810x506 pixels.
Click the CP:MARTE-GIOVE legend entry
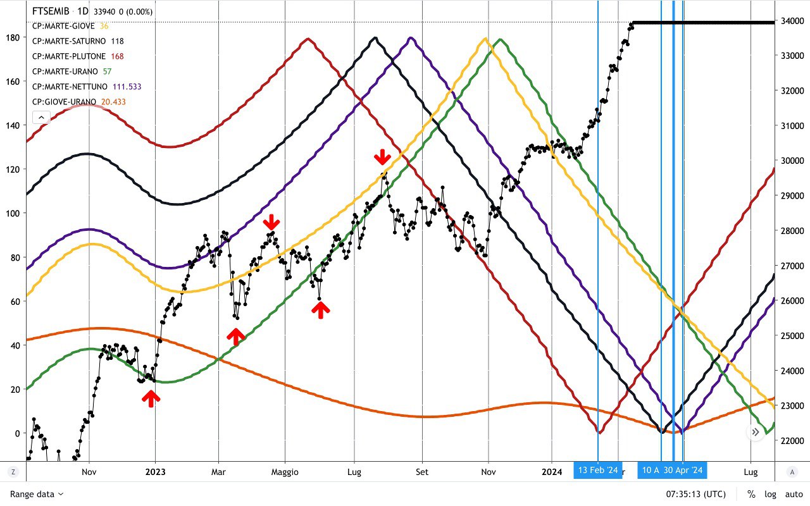(63, 27)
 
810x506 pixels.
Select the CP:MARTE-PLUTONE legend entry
(69, 56)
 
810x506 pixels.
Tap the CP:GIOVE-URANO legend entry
(65, 102)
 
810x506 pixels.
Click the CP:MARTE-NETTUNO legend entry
(71, 87)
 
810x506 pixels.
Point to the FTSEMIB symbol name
(50, 11)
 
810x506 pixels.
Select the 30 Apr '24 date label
(683, 470)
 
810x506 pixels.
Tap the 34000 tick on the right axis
(792, 21)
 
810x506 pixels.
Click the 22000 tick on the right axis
(792, 440)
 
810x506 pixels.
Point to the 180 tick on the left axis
(13, 37)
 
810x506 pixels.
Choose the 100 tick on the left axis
(13, 213)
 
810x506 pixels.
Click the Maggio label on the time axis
(285, 472)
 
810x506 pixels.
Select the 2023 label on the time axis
(155, 472)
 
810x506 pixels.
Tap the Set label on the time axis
(422, 472)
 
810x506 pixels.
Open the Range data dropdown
(37, 494)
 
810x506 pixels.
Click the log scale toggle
(770, 494)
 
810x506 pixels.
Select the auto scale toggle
(794, 494)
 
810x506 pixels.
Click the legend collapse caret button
(40, 117)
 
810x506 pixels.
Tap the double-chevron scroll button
(756, 432)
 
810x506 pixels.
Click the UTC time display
(696, 494)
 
